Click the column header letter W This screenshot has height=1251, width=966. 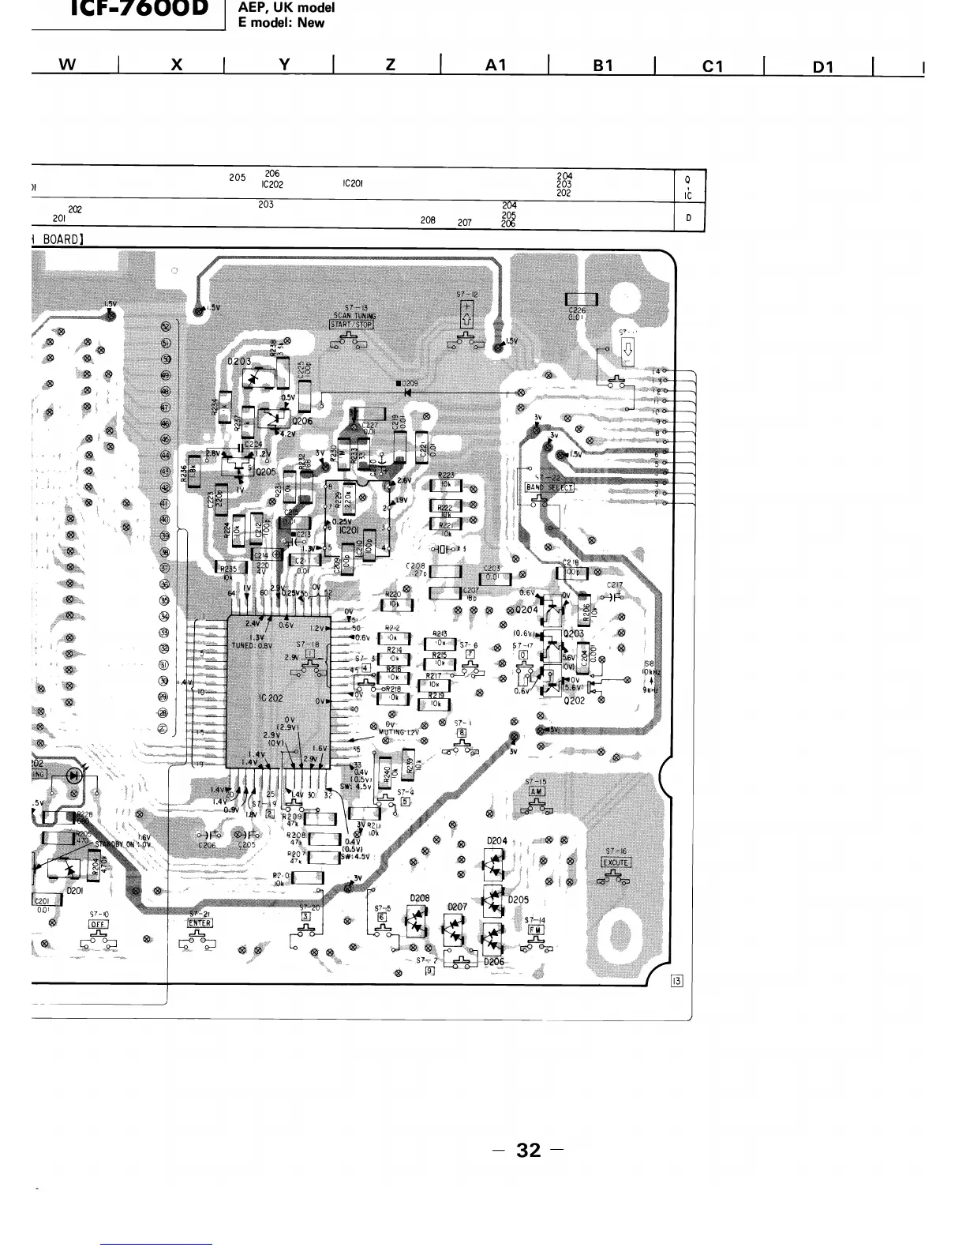68,66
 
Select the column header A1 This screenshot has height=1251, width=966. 495,66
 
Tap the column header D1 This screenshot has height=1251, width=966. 823,67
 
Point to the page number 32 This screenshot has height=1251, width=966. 529,1150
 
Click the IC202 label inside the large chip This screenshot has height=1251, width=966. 270,698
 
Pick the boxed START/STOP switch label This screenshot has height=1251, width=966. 351,323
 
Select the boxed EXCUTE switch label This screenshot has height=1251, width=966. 616,862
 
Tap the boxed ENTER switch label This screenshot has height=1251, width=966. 199,922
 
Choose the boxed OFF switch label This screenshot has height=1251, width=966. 98,924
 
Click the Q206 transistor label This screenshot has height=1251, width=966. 301,421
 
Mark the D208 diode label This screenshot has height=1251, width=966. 419,898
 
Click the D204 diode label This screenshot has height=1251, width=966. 496,841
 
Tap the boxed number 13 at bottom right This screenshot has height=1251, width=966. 676,982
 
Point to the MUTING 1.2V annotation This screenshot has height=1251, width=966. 399,732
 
